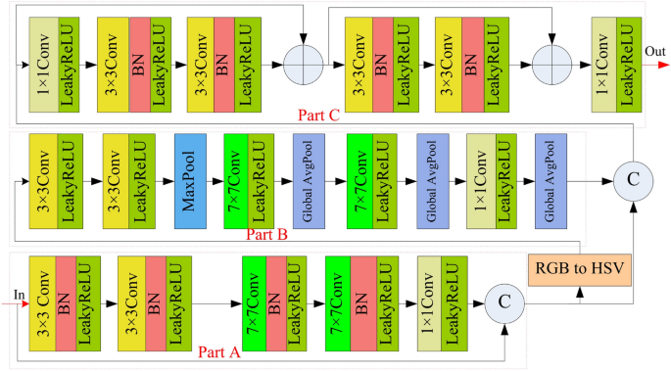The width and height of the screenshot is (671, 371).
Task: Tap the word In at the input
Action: pyautogui.click(x=19, y=294)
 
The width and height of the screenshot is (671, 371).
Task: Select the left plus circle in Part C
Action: pyautogui.click(x=303, y=65)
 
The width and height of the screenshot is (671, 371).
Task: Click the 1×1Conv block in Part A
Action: pyautogui.click(x=429, y=304)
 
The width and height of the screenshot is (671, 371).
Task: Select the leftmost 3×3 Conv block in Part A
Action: pyautogui.click(x=41, y=304)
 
